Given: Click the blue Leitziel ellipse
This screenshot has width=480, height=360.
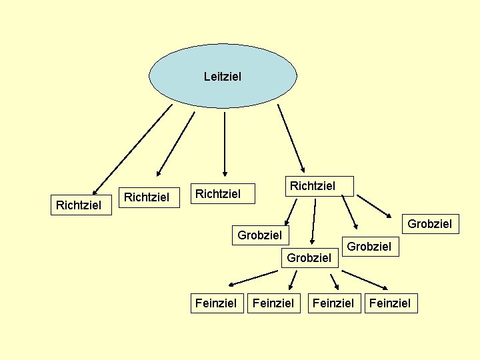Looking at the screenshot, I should point(223,76).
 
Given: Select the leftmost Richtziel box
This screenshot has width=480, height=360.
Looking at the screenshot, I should point(79,205).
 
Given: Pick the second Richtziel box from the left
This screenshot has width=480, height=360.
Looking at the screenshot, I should point(147,197).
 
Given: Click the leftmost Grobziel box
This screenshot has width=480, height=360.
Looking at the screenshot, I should point(260,235).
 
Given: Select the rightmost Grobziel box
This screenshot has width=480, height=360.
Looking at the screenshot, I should point(429,223).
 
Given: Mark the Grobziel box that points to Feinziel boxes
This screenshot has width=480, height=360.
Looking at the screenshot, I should point(309,257).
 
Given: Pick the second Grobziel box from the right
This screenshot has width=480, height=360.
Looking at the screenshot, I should point(369,246).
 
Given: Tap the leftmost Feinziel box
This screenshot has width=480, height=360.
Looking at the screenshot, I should point(215,303).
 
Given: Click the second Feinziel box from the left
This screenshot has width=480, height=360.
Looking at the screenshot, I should point(273,303).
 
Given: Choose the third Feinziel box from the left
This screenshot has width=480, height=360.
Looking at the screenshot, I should point(333,303).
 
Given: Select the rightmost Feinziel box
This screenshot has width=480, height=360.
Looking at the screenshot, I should point(390,303).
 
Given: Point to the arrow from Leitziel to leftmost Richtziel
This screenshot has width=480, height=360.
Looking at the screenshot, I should point(131,150).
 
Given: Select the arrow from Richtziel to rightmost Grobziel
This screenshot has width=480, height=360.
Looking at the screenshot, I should point(374,205).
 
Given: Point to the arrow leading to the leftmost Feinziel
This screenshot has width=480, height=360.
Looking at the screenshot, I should point(253,278).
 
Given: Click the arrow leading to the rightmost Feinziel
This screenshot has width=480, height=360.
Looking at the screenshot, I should point(367,279).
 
